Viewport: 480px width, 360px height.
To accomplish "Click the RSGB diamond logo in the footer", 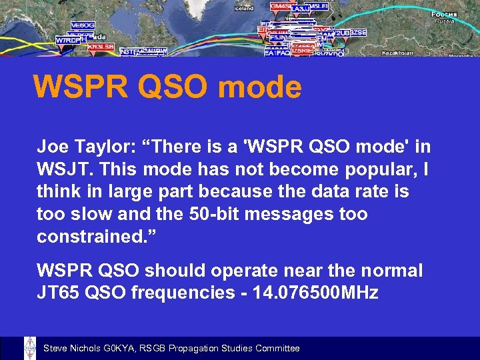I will coord(30,348).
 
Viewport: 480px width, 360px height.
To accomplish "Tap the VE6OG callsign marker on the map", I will coord(83,25).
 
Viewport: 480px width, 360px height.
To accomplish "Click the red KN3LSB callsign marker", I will coord(100,47).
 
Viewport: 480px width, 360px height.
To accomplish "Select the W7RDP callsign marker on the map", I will coord(68,40).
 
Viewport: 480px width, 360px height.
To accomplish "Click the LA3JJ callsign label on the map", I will coord(300,8).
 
